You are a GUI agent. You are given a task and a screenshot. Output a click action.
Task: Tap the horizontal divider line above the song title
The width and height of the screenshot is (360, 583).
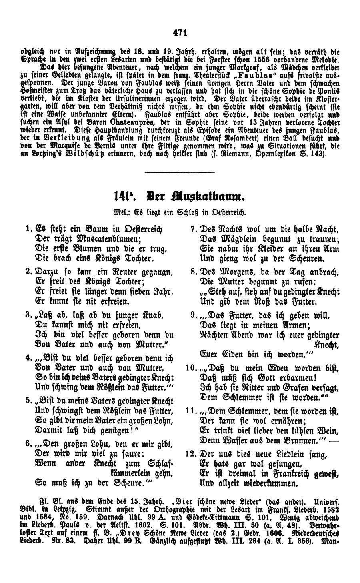point(176,172)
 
